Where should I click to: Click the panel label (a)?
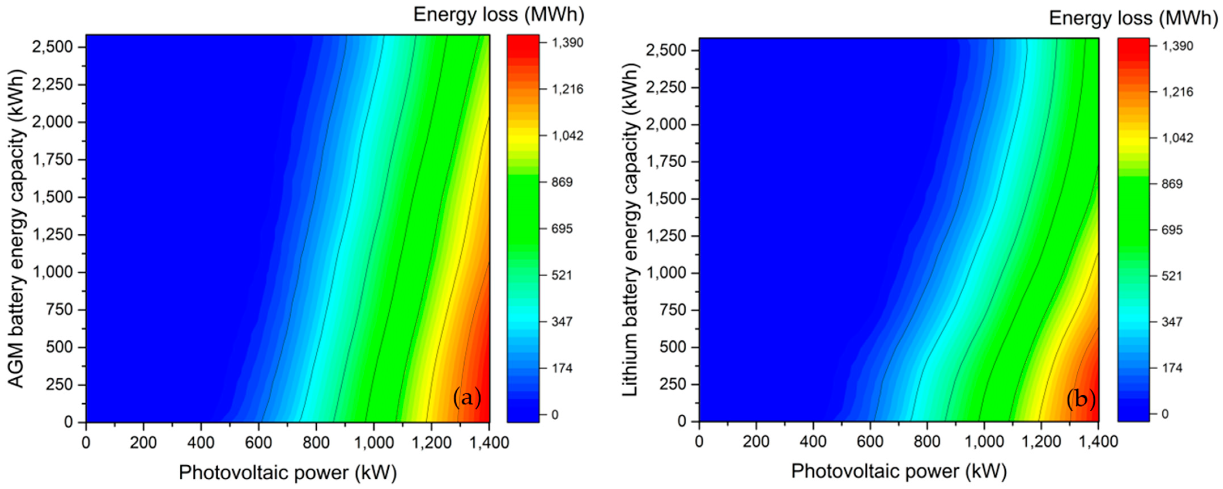467,397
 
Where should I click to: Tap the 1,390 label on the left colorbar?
567,43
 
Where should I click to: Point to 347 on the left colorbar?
562,322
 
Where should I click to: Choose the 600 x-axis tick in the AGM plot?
258,442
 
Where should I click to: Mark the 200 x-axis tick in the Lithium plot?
756,441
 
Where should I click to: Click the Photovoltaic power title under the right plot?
898,471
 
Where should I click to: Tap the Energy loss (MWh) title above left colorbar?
499,15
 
